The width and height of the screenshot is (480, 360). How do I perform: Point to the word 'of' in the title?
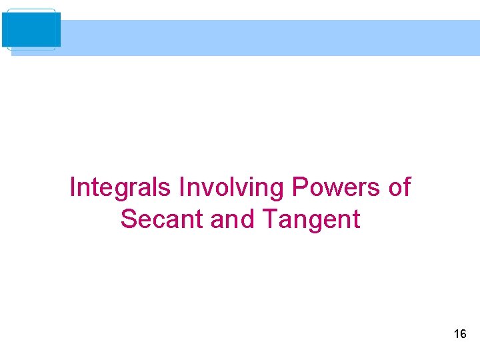click(399, 187)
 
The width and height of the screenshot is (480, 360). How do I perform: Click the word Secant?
click(162, 219)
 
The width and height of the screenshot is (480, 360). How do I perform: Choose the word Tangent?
click(311, 219)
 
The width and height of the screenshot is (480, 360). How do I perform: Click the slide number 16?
click(460, 334)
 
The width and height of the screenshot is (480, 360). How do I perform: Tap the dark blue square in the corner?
click(31, 29)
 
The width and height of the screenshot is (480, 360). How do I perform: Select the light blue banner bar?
click(267, 37)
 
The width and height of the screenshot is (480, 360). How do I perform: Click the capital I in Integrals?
click(72, 187)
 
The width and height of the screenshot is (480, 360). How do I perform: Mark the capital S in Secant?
click(129, 219)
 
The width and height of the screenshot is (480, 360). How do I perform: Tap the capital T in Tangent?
click(270, 219)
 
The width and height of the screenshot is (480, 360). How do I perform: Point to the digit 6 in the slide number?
click(463, 334)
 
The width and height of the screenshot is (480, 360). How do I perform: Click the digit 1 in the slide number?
click(456, 334)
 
